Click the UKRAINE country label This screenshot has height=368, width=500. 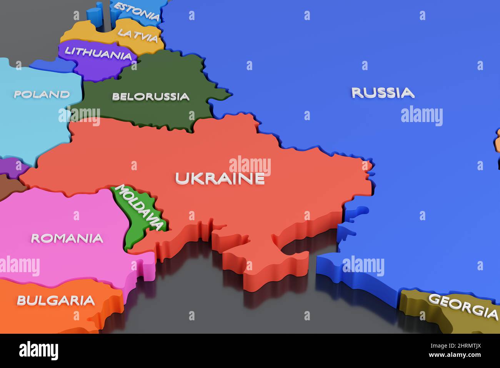tap(220, 178)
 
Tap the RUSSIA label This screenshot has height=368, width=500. tap(383, 93)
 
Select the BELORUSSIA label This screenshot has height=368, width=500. tap(151, 96)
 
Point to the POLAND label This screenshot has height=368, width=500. tap(42, 94)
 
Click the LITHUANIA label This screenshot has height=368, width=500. tap(98, 53)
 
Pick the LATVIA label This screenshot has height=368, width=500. tap(138, 35)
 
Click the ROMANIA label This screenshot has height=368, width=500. tap(67, 238)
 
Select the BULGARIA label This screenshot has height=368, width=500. tap(56, 300)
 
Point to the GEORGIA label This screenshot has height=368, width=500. tap(463, 306)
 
